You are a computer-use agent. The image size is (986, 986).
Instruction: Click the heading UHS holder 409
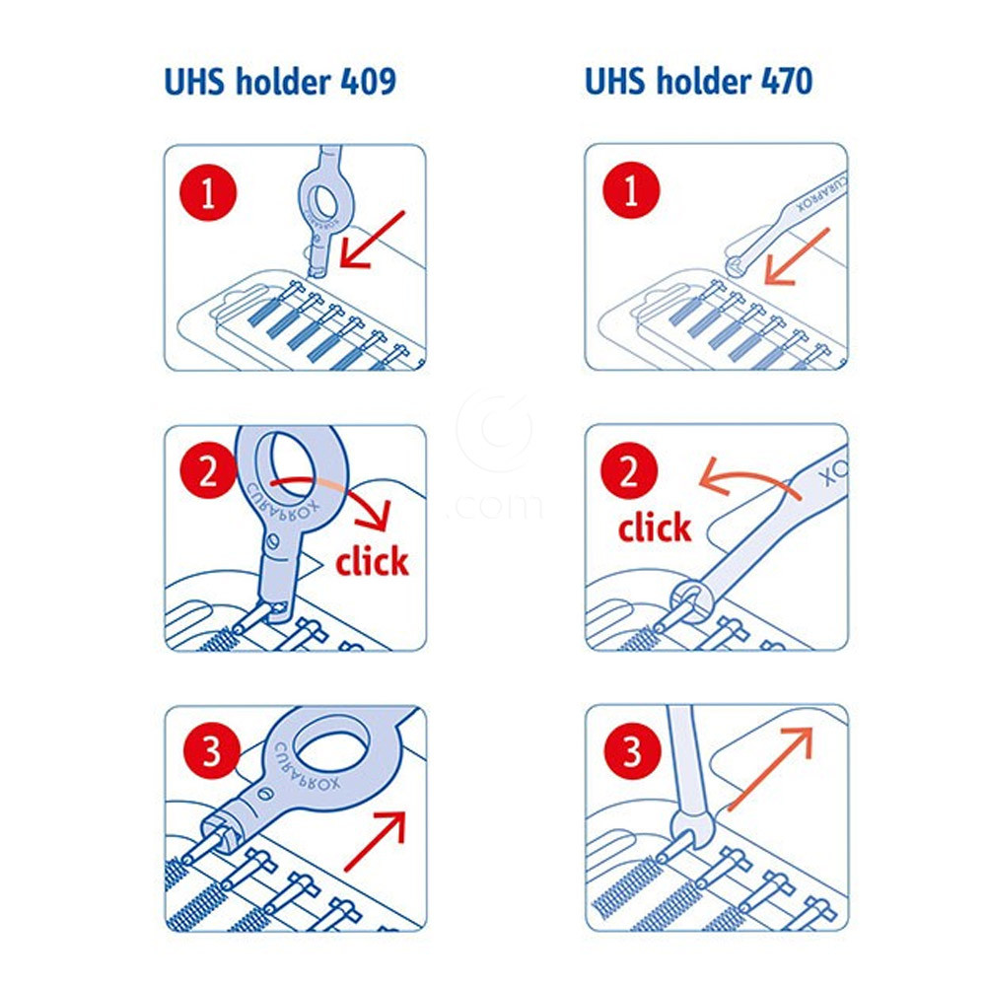click(x=280, y=82)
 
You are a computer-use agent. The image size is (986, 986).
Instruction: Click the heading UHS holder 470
click(x=699, y=82)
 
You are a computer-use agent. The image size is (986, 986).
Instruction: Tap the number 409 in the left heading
click(x=369, y=82)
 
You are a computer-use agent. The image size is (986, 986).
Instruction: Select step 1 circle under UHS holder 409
click(x=208, y=192)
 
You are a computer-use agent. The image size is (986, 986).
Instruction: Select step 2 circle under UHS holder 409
click(x=208, y=470)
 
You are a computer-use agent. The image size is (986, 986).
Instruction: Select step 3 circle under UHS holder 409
click(x=212, y=750)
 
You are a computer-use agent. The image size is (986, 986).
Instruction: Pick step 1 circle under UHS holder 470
click(x=631, y=190)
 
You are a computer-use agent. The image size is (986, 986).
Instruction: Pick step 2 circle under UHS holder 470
click(x=629, y=470)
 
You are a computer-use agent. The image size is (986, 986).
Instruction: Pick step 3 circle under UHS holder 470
click(x=632, y=750)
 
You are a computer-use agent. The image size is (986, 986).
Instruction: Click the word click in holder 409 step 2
click(x=372, y=561)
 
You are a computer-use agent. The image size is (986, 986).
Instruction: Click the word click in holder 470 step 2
click(x=655, y=527)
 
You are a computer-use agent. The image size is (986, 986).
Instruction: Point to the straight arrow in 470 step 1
click(x=796, y=256)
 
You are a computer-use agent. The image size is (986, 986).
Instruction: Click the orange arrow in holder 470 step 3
click(x=771, y=767)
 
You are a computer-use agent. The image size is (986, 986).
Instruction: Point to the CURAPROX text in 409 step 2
click(x=282, y=503)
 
